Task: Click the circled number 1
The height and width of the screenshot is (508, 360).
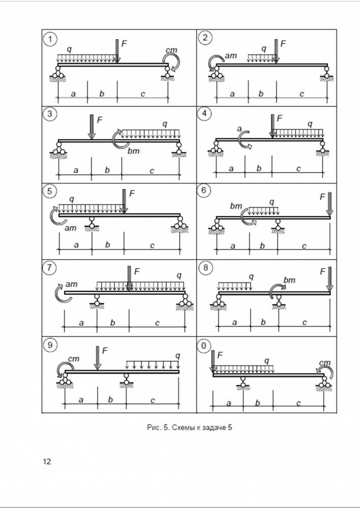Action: point(50,39)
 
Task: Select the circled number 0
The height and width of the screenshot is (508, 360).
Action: point(205,345)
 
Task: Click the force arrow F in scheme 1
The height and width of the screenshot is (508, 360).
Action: point(117,51)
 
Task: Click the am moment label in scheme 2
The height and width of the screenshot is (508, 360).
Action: point(230,55)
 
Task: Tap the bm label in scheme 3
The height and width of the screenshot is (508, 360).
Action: point(134,151)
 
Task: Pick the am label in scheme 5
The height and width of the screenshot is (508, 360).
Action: point(71,228)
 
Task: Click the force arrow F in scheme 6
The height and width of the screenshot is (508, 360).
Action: point(329,204)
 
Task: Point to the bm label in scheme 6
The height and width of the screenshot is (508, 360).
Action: point(236,206)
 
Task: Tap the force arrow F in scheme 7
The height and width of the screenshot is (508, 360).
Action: point(129,278)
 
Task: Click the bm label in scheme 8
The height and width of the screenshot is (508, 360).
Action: point(289,280)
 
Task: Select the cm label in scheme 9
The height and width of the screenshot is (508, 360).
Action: point(74,359)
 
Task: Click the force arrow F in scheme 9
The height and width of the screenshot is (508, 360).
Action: point(97,358)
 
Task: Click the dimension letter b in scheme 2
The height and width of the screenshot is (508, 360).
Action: point(261,93)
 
